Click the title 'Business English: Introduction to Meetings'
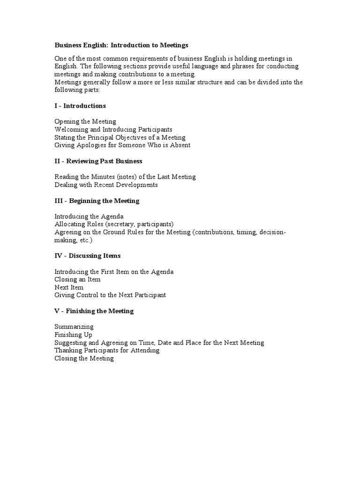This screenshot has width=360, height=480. point(121,45)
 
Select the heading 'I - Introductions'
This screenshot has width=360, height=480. point(80,105)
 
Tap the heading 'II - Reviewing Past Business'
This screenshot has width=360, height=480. point(98,161)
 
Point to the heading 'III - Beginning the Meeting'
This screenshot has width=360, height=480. point(97,201)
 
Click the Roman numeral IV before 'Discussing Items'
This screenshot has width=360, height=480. point(59,255)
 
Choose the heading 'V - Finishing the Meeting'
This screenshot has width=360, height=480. point(94,311)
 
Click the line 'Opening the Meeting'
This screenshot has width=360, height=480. point(85,121)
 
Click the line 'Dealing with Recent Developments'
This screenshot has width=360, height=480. point(106,185)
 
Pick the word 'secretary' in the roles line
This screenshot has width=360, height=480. point(120,224)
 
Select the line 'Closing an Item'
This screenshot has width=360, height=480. point(77,279)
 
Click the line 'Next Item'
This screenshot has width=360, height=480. point(69,287)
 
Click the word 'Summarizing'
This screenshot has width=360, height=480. point(74,327)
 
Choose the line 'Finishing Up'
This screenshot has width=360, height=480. point(73,335)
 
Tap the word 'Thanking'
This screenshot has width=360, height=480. point(68,351)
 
